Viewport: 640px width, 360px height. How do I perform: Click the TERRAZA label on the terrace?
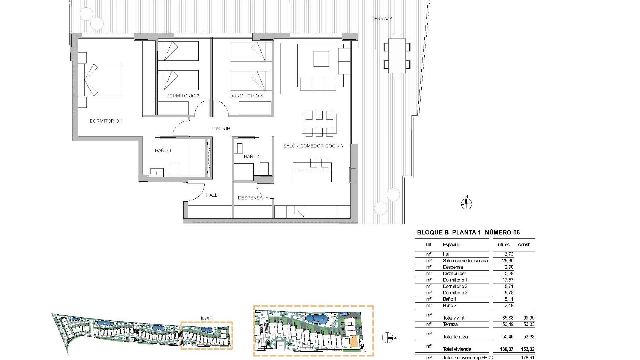(x=382, y=19)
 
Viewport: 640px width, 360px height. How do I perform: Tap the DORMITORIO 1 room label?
(x=106, y=121)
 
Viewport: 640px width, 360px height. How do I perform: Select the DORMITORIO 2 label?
(x=183, y=96)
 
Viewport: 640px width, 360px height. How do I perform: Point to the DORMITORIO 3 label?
(x=246, y=96)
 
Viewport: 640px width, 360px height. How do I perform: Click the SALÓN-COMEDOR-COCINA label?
(x=313, y=146)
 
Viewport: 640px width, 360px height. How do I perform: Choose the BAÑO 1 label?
(x=163, y=150)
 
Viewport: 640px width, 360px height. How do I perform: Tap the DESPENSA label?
(x=250, y=198)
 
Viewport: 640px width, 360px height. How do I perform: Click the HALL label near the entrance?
(x=212, y=195)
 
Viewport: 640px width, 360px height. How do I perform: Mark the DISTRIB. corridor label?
(x=221, y=129)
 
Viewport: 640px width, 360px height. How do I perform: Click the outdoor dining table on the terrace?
(x=397, y=56)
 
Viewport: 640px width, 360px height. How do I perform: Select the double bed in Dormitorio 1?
(x=100, y=80)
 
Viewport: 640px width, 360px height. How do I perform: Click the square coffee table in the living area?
(x=321, y=59)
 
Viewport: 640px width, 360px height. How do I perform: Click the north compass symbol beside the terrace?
(x=466, y=203)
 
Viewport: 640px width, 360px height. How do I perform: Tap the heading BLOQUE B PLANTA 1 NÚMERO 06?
(x=468, y=232)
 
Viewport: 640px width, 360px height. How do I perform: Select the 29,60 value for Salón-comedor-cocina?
(x=508, y=261)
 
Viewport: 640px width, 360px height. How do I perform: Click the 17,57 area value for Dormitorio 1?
(x=508, y=280)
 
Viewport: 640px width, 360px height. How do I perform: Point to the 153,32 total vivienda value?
(x=528, y=349)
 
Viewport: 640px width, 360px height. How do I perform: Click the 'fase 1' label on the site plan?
(x=207, y=318)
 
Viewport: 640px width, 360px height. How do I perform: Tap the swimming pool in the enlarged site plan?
(x=317, y=319)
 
